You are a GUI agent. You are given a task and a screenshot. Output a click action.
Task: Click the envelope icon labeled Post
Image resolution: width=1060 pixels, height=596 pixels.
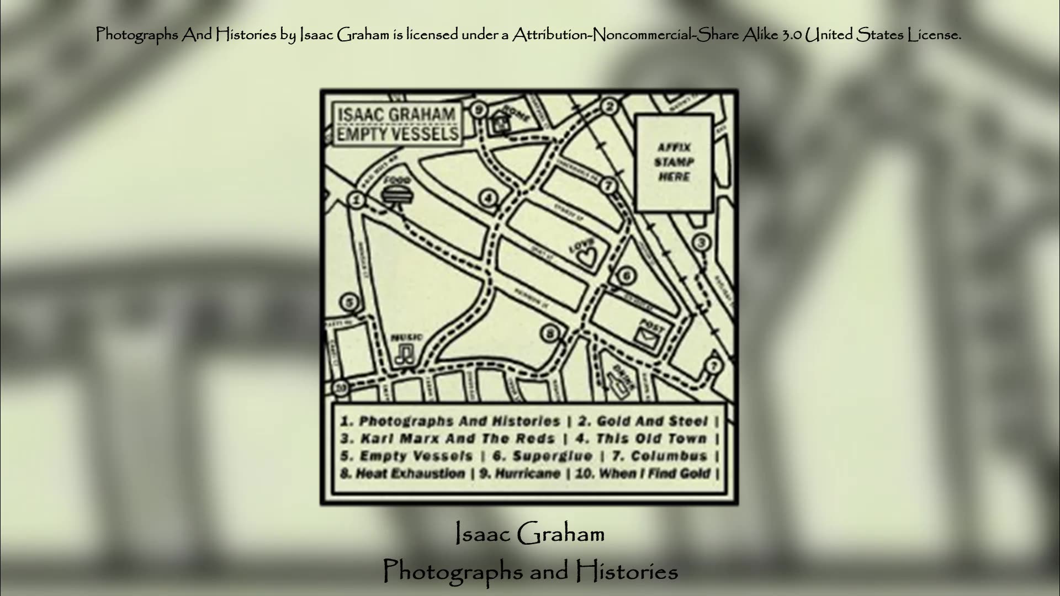648,336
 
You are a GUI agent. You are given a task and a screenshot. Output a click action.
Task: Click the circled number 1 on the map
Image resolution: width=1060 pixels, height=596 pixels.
357,200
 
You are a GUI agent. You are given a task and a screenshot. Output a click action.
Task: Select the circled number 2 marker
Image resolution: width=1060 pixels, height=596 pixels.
609,107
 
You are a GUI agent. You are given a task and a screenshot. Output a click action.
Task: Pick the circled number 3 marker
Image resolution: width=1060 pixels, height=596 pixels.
701,242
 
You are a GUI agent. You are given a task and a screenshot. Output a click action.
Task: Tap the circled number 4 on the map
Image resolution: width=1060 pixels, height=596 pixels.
488,198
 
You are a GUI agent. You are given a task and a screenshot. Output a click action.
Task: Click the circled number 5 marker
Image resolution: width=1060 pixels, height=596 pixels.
349,302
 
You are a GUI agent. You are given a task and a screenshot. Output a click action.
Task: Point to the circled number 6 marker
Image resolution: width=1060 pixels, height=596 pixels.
626,276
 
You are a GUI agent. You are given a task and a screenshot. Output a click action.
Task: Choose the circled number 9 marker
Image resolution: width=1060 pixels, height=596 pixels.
479,110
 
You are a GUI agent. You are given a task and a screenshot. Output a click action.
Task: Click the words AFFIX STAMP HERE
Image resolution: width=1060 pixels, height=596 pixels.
674,162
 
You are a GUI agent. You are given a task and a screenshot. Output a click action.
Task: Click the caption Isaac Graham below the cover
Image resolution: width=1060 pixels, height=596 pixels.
530,534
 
